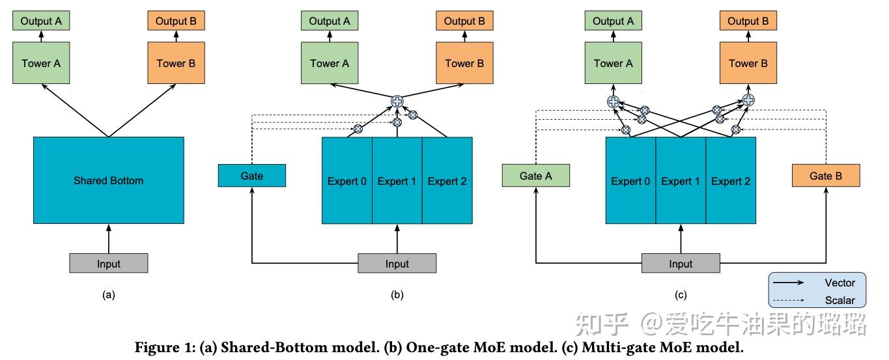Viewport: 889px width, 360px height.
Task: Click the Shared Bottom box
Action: [x=108, y=180]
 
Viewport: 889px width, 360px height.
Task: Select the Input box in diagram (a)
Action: [x=108, y=264]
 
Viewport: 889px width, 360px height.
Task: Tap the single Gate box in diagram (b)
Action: [x=251, y=176]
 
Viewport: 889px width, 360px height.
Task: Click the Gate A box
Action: [x=536, y=176]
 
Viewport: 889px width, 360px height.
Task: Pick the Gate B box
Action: [x=826, y=176]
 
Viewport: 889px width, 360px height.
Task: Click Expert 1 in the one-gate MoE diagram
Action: [x=397, y=181]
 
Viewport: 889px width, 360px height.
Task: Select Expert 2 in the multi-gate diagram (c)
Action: [x=731, y=181]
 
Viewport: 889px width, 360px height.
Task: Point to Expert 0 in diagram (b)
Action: [x=346, y=181]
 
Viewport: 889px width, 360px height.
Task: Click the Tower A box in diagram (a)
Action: [x=41, y=63]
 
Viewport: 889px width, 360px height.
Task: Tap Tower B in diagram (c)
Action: [x=748, y=63]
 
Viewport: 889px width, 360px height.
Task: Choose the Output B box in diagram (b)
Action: [x=464, y=21]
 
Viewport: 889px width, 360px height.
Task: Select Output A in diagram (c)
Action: [x=613, y=21]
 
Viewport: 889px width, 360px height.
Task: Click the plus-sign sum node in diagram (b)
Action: [x=397, y=101]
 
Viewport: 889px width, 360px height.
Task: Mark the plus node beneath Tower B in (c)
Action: [x=748, y=101]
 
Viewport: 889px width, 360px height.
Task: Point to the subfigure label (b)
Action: [x=397, y=295]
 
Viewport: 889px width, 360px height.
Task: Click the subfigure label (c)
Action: [x=681, y=295]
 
